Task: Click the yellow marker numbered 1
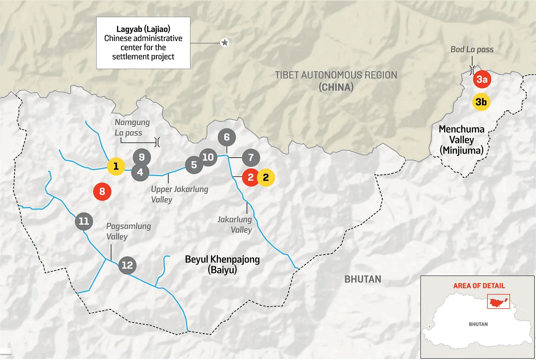[x=116, y=167]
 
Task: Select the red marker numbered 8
[x=102, y=192]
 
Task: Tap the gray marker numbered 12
[x=127, y=265]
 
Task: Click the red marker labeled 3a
[x=482, y=80]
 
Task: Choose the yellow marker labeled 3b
[x=482, y=102]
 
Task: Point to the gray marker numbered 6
[x=226, y=137]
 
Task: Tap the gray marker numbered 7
[x=250, y=158]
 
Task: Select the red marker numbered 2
[x=251, y=177]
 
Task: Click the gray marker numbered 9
[x=141, y=157]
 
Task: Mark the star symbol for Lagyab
[x=225, y=42]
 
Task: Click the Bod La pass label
[x=472, y=50]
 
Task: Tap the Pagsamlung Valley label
[x=122, y=231]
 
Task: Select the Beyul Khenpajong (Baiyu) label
[x=222, y=264]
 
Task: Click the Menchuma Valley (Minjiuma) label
[x=461, y=140]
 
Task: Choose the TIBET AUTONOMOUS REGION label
[x=336, y=80]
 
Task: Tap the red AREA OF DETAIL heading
[x=479, y=286]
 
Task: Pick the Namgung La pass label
[x=132, y=127]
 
